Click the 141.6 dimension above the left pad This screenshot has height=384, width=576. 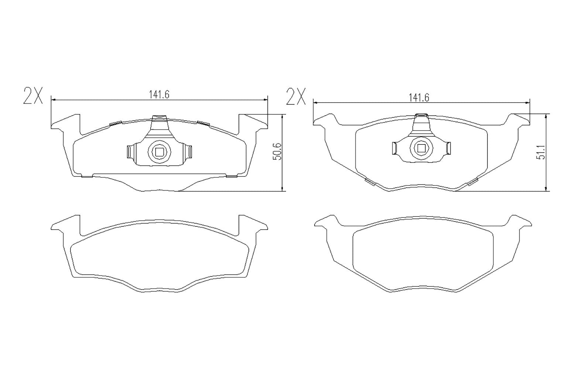click(159, 95)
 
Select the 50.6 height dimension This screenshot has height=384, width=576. click(277, 152)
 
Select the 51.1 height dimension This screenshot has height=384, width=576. click(541, 152)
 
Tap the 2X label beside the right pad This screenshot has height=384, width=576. click(296, 97)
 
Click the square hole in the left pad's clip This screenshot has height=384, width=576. click(159, 151)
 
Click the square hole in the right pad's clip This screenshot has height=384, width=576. click(421, 148)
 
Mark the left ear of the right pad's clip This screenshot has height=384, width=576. click(394, 148)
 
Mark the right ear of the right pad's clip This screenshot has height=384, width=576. click(449, 148)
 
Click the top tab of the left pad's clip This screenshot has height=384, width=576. click(159, 118)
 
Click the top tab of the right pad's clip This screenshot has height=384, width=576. click(421, 116)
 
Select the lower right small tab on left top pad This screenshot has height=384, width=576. click(232, 176)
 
